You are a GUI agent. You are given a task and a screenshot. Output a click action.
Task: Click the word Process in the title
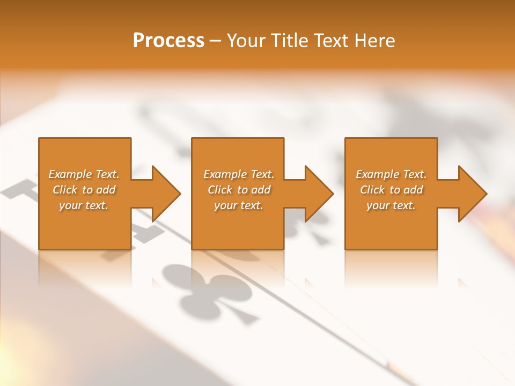168,41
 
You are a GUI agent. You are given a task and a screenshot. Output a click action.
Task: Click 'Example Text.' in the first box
84,174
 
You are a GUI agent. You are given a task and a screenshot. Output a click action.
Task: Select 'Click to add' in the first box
84,190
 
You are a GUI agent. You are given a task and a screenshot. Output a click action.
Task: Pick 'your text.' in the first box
84,205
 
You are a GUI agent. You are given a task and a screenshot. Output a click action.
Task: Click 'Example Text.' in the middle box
238,174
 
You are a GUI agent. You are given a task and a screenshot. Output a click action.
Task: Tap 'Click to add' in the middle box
238,190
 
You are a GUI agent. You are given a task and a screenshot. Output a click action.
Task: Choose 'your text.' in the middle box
238,205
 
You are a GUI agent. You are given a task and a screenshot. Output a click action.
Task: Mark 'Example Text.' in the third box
391,174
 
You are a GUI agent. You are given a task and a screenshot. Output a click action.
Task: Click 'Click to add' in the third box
391,190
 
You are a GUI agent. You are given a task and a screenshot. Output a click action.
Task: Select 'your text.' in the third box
391,205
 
